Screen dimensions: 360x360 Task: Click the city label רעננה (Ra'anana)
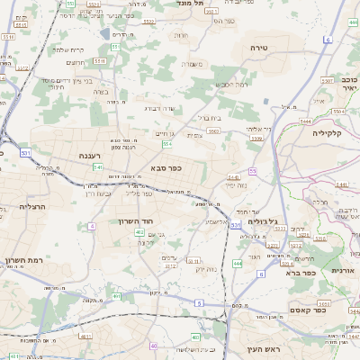89,156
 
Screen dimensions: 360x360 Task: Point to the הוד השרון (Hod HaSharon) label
137,220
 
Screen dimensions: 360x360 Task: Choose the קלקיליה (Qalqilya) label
330,132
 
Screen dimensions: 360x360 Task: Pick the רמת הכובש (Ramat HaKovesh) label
230,84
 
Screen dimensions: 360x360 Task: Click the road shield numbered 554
167,143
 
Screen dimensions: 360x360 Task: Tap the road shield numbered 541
97,166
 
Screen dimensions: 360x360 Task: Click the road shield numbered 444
237,264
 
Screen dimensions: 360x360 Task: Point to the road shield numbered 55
253,170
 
